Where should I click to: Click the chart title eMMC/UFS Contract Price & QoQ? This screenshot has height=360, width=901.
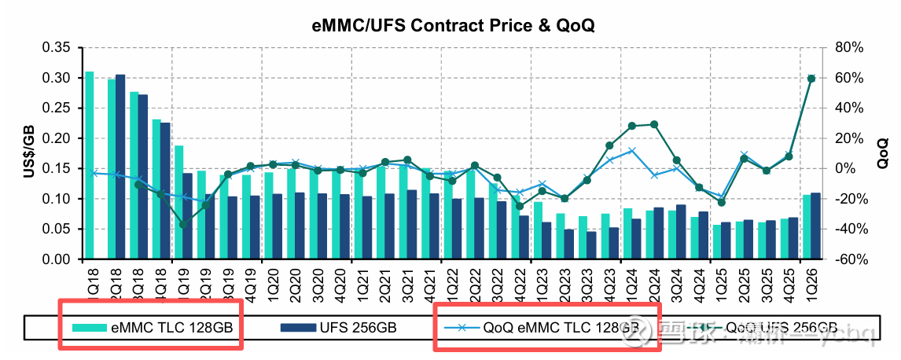(450, 25)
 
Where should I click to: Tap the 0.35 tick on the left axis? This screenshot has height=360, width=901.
(60, 47)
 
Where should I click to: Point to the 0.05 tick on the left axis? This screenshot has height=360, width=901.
(60, 229)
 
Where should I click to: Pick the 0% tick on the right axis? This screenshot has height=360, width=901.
(844, 168)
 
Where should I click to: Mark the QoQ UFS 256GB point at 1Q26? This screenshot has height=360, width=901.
(811, 78)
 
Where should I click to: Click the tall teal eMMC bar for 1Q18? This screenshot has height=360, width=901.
(90, 165)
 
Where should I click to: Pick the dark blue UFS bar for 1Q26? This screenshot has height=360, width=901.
(815, 226)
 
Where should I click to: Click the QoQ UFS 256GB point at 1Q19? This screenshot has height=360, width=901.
(184, 225)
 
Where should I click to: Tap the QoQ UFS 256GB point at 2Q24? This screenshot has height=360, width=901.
(654, 124)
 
